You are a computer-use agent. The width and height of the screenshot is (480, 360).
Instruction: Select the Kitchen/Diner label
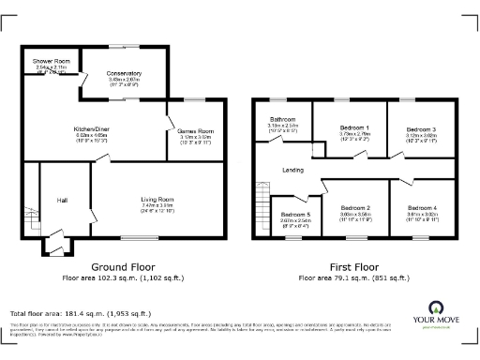93,128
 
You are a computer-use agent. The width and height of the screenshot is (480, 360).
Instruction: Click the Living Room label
157,199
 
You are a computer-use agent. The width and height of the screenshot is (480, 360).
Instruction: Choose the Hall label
62,200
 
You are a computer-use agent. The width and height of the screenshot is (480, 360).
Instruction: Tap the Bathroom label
283,119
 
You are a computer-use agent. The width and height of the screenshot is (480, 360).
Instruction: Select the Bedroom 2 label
354,207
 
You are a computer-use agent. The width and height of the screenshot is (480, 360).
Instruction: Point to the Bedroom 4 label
422,207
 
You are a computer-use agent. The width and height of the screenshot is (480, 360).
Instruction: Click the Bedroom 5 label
295,215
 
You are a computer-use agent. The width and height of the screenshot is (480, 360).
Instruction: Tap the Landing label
292,170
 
